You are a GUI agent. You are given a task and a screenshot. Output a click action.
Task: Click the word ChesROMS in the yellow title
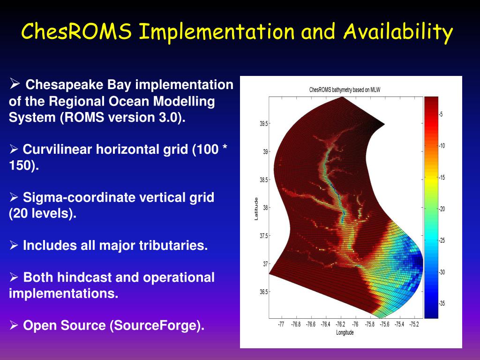coord(76,31)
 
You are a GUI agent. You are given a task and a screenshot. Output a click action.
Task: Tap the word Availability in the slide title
coord(398,32)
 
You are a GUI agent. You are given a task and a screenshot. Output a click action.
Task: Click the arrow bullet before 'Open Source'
coord(14,325)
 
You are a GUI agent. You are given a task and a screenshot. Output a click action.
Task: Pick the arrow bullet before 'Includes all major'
coord(14,245)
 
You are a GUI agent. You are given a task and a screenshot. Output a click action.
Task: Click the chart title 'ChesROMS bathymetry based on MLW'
coord(345,90)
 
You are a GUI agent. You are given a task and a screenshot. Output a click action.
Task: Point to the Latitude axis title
coord(256,209)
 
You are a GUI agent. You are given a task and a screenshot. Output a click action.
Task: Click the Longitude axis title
coord(345,332)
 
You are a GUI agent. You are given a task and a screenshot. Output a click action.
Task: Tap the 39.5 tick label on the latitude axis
coord(263,124)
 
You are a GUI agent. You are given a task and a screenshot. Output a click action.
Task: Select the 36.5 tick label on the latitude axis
coord(263,292)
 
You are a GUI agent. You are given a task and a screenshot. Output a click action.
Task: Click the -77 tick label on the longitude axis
coord(281,324)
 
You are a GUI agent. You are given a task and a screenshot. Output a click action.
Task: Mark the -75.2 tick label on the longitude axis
coord(414,324)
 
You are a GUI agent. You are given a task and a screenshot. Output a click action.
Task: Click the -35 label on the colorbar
coord(442,303)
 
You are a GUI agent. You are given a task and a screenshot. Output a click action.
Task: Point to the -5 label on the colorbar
coord(441,114)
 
